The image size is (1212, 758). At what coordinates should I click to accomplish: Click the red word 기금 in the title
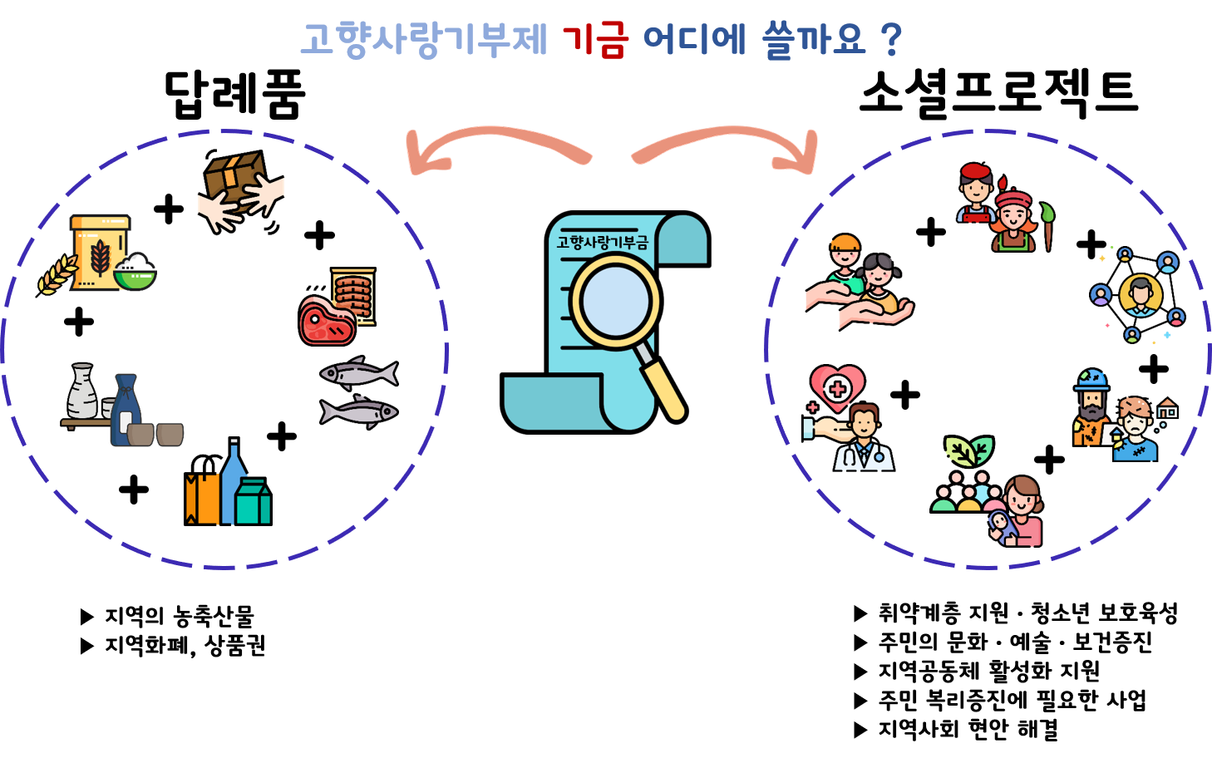[x=595, y=39]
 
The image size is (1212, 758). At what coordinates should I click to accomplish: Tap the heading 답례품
[x=234, y=94]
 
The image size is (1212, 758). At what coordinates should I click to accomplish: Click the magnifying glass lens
[x=616, y=302]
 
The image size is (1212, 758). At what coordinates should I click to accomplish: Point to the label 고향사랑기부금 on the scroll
[x=602, y=242]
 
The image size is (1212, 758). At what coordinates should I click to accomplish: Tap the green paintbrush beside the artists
[x=1047, y=227]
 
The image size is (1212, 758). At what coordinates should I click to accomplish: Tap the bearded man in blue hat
[x=1091, y=407]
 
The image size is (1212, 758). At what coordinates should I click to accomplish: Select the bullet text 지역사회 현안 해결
[x=968, y=729]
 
